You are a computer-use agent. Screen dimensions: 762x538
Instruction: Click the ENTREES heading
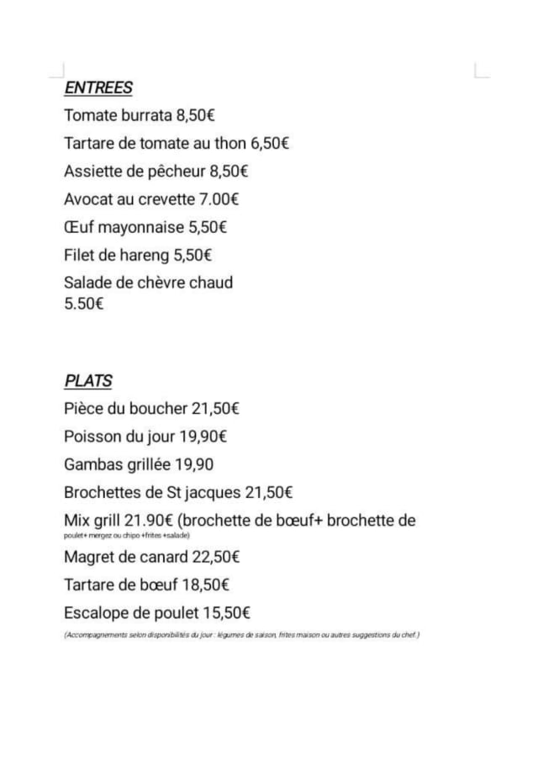coord(98,87)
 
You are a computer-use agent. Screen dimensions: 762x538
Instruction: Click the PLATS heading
coord(88,381)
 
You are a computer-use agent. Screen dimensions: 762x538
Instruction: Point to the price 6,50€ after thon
coord(270,143)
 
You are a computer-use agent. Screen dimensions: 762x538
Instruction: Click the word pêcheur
coord(176,172)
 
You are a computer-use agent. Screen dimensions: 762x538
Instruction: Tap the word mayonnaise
coord(142,227)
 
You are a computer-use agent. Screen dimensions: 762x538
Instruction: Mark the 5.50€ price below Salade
coord(84,304)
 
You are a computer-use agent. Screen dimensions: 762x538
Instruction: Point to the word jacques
coord(212,492)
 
